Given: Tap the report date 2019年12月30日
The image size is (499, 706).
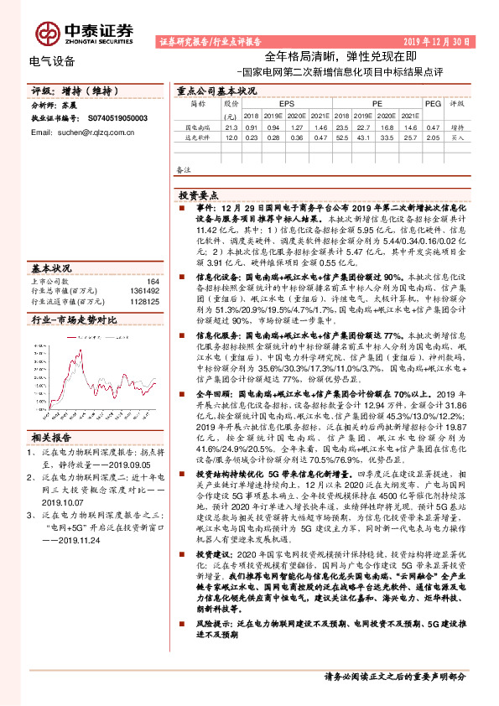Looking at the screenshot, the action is pyautogui.click(x=441, y=40).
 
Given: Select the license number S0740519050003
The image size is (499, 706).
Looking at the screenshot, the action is pyautogui.click(x=116, y=119).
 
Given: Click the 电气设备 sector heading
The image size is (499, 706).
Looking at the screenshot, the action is pyautogui.click(x=51, y=61).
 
